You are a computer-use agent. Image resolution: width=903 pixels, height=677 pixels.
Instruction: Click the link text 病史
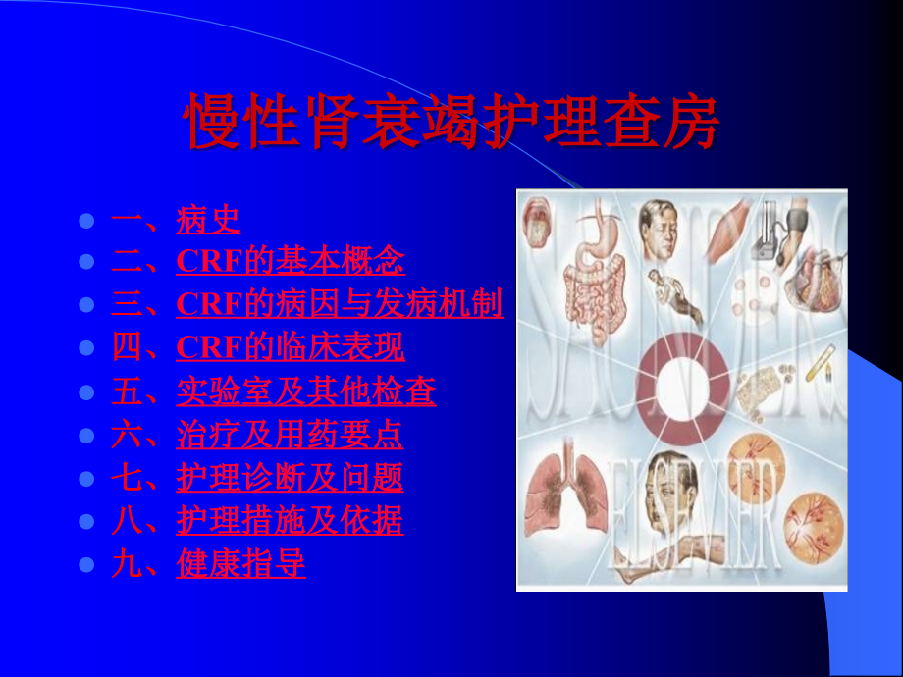pyautogui.click(x=208, y=220)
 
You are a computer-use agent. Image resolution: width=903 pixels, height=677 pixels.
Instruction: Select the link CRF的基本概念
pyautogui.click(x=291, y=262)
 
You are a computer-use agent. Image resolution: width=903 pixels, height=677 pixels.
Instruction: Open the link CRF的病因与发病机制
pyautogui.click(x=340, y=304)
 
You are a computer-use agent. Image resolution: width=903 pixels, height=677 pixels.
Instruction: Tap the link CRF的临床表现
pyautogui.click(x=291, y=347)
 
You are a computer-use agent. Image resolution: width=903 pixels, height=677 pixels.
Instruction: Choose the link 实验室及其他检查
pyautogui.click(x=306, y=391)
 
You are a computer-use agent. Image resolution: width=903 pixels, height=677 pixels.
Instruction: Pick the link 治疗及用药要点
pyautogui.click(x=290, y=435)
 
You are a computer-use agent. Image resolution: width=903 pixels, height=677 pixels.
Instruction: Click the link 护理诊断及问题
pyautogui.click(x=290, y=478)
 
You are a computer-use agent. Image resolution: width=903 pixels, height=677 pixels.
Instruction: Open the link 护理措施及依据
pyautogui.click(x=290, y=520)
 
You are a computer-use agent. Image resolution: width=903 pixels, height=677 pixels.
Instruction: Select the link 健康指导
pyautogui.click(x=240, y=564)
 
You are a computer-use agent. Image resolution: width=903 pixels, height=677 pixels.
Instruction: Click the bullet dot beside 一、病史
pyautogui.click(x=86, y=221)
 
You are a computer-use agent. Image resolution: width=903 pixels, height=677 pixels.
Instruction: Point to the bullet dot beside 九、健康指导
pyautogui.click(x=86, y=565)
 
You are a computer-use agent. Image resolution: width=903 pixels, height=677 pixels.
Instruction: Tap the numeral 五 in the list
pyautogui.click(x=127, y=391)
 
